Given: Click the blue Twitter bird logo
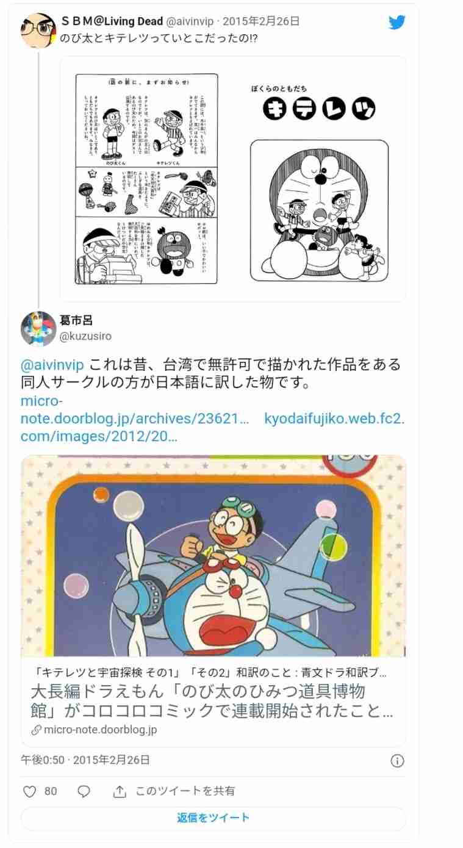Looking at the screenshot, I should [397, 23].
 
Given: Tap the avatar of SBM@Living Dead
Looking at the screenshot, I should [38, 31].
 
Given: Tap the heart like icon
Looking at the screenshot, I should [29, 791].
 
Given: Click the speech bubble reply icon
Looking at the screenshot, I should [84, 791].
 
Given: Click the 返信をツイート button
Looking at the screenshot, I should [213, 818].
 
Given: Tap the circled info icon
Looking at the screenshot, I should [397, 761].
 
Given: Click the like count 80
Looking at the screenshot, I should [51, 791].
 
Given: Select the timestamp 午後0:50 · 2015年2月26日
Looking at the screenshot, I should [85, 760].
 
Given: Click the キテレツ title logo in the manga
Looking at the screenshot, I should [319, 108].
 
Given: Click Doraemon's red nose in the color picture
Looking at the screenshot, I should [235, 591].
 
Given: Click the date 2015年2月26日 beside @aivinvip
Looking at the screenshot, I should [261, 21].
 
